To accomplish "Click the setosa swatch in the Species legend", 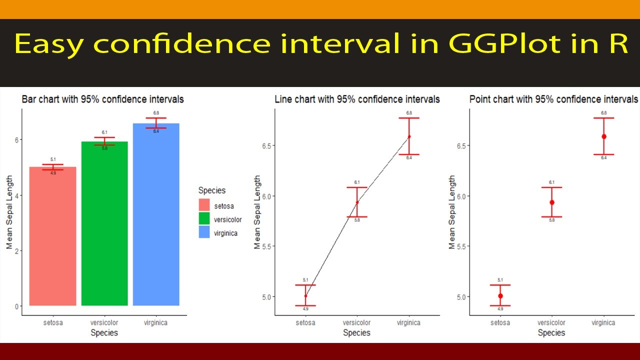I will pos(204,205).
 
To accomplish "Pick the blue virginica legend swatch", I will pos(204,232).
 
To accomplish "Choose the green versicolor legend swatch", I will pos(204,219).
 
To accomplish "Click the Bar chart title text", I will pos(102,99).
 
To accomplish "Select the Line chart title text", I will pos(357,99).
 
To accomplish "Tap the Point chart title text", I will pos(553,99).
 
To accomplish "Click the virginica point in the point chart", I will pos(603,136).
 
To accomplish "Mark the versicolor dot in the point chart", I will pos(552,202).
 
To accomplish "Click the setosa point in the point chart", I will pos(500,296).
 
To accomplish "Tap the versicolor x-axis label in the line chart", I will pos(357,322).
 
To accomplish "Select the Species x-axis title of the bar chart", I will pos(104,332).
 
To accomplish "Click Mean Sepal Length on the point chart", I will pos(452,212).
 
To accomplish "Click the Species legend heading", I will pos(211,190).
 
